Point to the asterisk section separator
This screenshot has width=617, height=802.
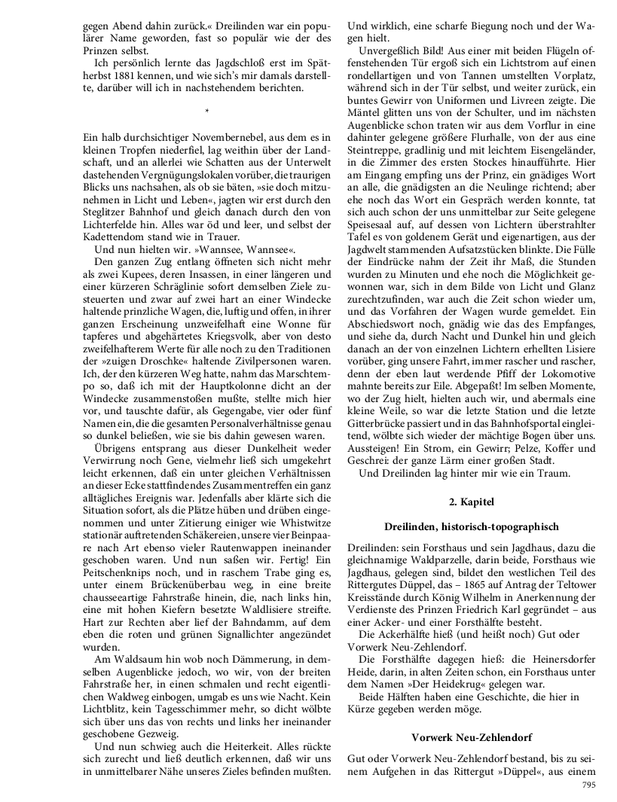pos(206,112)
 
